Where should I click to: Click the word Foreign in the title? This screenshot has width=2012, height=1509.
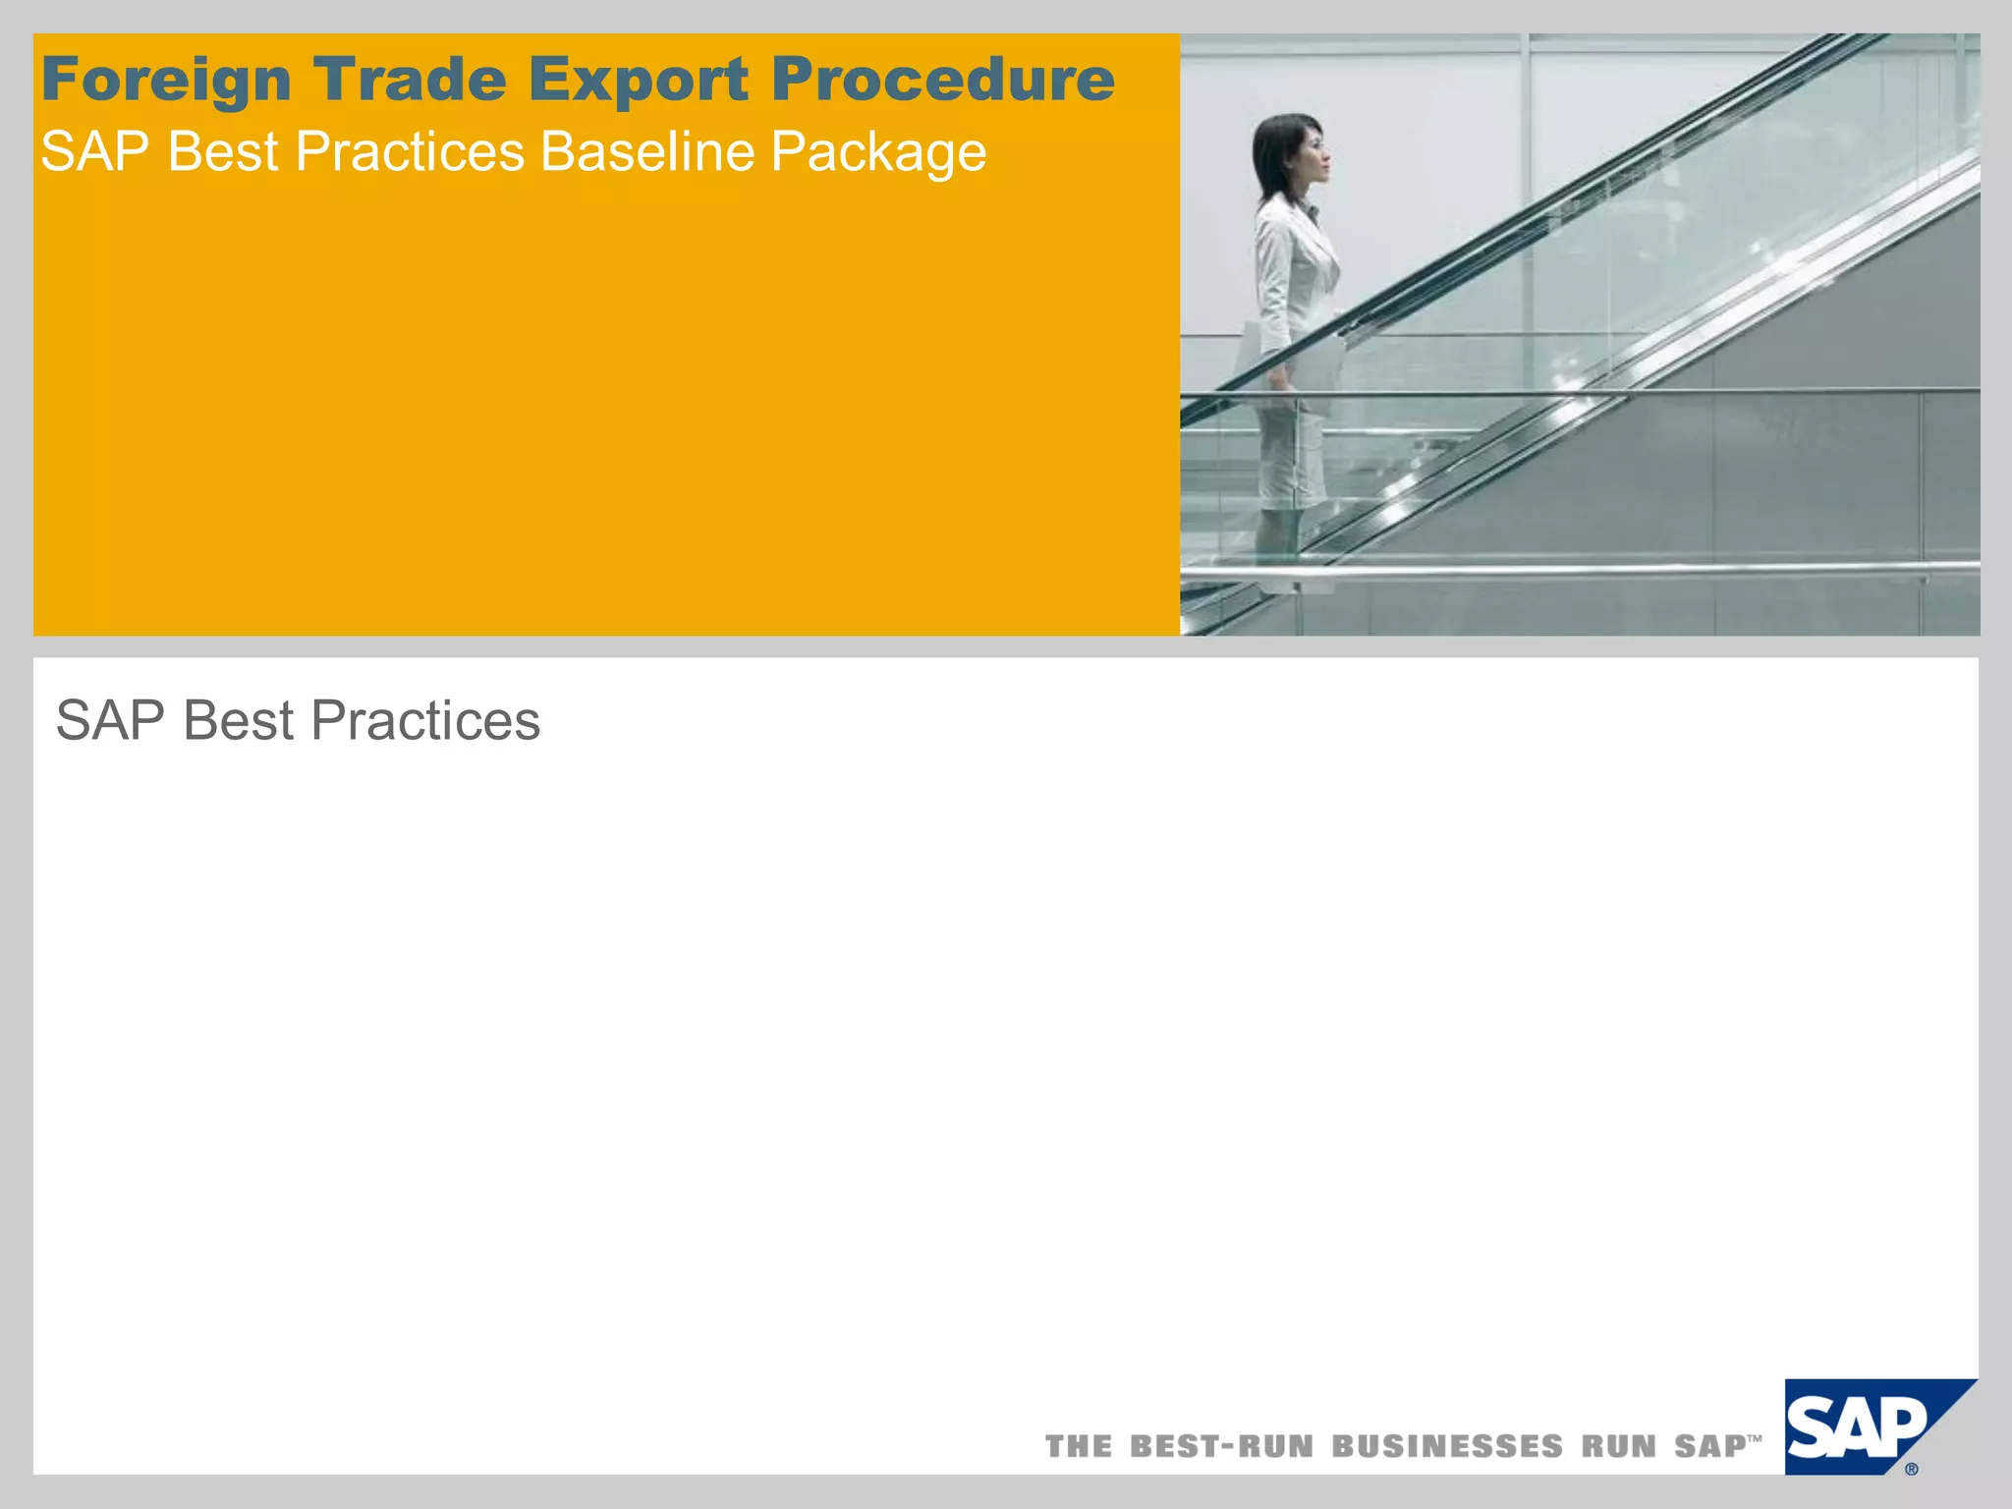tap(166, 81)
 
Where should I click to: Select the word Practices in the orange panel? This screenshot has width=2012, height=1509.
tap(410, 152)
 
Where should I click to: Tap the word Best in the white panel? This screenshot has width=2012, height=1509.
tap(239, 721)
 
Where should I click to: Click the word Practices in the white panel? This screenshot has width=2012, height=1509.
tap(425, 721)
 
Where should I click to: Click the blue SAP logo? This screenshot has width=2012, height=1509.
tap(1857, 1426)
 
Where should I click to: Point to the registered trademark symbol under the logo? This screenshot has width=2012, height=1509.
tap(1911, 1470)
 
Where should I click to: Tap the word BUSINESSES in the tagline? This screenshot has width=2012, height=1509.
tap(1447, 1447)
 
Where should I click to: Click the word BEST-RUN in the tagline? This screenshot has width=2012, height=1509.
tap(1221, 1447)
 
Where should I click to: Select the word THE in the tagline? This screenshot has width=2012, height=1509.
tap(1079, 1447)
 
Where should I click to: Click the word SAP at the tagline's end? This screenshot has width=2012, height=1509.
tap(1710, 1447)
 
